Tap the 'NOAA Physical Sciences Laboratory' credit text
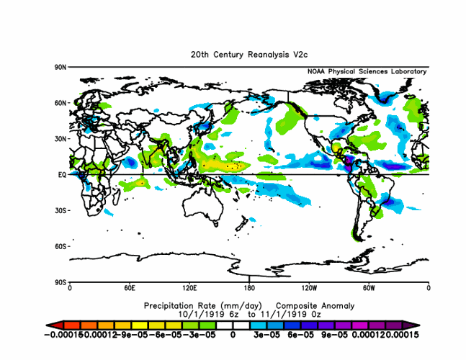coord(367,72)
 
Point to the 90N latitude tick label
coord(61,67)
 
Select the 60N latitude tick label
coord(61,103)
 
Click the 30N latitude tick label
coord(61,138)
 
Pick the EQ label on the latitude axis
coord(62,174)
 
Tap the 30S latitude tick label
coord(61,210)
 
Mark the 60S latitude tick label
coord(61,246)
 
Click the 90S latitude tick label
coord(61,282)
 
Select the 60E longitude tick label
coord(130,288)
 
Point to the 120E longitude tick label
coord(189,288)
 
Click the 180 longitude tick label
coord(249,288)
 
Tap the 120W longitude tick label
coord(309,288)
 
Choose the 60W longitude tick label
coord(369,288)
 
